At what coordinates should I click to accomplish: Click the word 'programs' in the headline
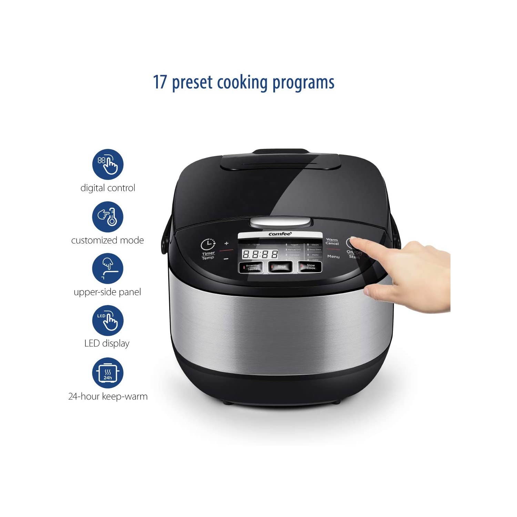(x=303, y=83)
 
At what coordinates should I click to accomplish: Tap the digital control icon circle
(x=108, y=164)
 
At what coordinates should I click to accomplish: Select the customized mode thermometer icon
(x=108, y=217)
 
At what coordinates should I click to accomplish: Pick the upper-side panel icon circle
(x=108, y=268)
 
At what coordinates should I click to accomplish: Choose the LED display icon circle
(x=108, y=321)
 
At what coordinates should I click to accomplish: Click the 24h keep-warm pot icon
(x=108, y=373)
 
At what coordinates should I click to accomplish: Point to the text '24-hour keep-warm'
(x=108, y=396)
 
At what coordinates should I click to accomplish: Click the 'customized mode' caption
(x=108, y=240)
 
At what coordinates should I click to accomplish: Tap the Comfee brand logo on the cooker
(x=280, y=234)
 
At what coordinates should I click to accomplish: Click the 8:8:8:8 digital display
(x=260, y=254)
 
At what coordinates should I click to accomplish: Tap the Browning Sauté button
(x=251, y=267)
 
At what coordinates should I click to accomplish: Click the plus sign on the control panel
(x=226, y=243)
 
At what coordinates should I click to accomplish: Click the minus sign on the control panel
(x=226, y=258)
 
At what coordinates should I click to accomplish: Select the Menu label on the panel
(x=333, y=256)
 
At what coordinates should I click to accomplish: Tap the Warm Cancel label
(x=332, y=241)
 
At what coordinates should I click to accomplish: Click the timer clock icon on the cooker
(x=208, y=244)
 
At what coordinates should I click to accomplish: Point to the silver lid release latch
(x=280, y=222)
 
